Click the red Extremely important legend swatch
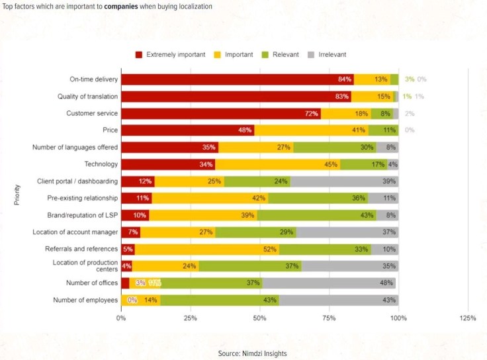coord(139,54)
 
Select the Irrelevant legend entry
coord(327,54)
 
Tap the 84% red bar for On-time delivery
coord(237,79)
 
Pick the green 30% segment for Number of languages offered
coord(335,147)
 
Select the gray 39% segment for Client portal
coord(344,181)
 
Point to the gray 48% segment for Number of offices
coord(329,283)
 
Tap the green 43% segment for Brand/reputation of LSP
coord(316,215)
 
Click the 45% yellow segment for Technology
coord(277,164)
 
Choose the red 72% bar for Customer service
coord(220,113)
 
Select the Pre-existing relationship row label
coord(83,198)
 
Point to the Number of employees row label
coord(85,300)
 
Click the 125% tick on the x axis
coord(467,318)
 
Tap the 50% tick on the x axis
coord(259,318)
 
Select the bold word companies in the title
coord(121,6)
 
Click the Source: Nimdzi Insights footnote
coord(252,353)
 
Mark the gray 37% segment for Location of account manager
coord(347,232)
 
